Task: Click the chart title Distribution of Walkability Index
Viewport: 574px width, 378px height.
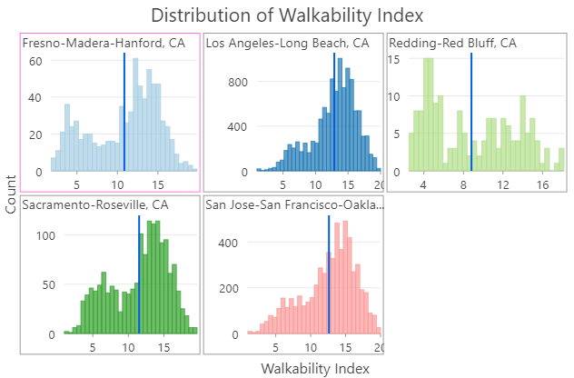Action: [x=287, y=15]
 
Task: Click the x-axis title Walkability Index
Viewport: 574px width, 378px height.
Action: [x=315, y=369]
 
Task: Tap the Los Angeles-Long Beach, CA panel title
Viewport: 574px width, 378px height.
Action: [x=287, y=44]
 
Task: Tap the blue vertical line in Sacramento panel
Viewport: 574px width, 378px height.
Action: [x=139, y=273]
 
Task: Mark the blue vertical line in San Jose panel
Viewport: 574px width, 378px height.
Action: [x=328, y=273]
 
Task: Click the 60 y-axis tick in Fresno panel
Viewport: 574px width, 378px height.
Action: [x=37, y=61]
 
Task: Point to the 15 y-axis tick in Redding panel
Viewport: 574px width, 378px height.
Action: [x=395, y=59]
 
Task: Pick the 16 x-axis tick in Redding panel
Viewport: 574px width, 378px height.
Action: [x=542, y=182]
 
